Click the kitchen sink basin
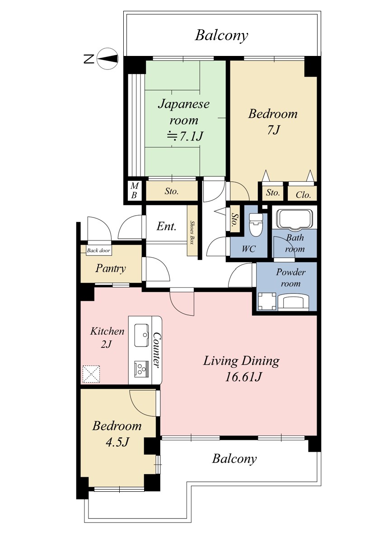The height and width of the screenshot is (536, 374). click(141, 335)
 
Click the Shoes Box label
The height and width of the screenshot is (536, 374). click(192, 232)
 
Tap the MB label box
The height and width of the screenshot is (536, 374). click(134, 190)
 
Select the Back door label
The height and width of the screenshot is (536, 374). click(98, 250)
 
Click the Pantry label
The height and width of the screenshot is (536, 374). click(111, 268)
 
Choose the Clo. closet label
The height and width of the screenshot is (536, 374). click(303, 195)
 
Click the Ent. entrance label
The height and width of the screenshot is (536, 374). click(167, 226)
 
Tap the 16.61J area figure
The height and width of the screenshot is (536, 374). click(243, 377)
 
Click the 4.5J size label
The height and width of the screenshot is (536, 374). click(117, 442)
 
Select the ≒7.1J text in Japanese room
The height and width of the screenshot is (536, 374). click(185, 136)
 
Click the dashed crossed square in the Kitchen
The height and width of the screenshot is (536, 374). click(91, 374)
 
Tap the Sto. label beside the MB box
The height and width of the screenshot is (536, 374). click(172, 191)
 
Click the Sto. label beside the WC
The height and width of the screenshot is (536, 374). click(235, 221)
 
